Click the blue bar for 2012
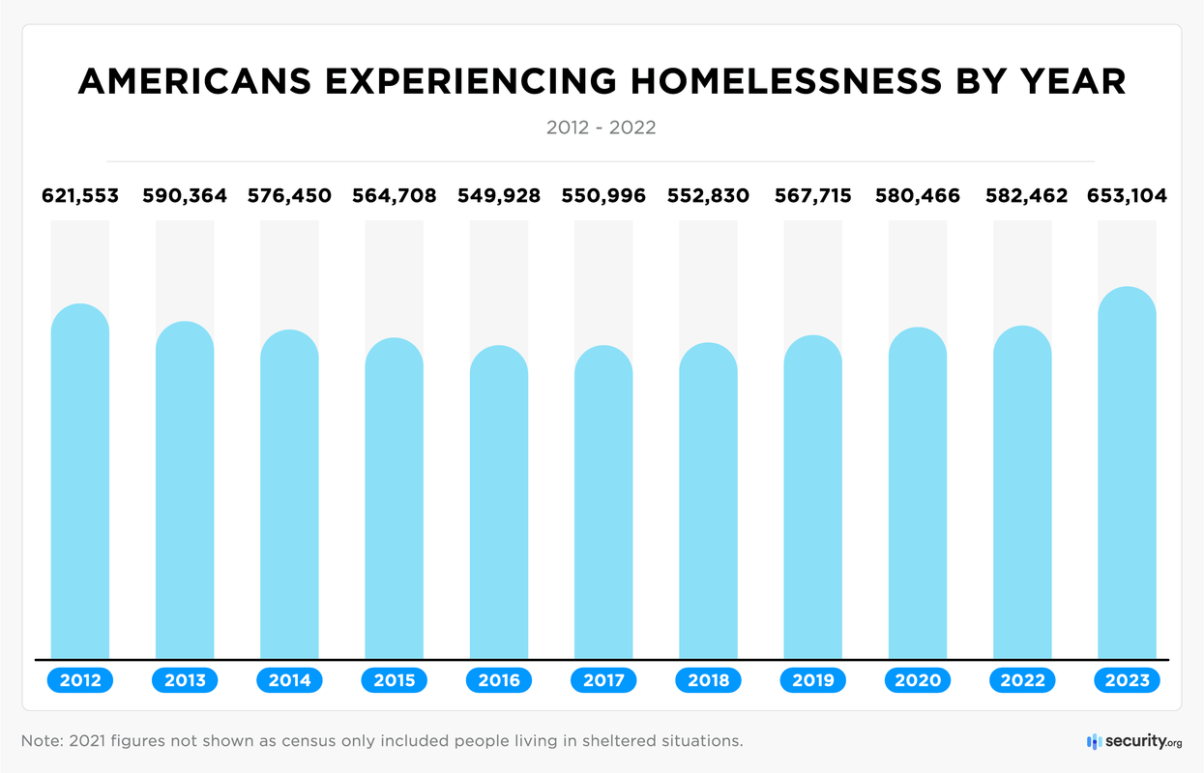click(x=80, y=483)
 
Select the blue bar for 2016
click(x=499, y=502)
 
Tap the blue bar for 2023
click(x=1128, y=473)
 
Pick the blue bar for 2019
click(x=813, y=498)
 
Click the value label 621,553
click(x=80, y=196)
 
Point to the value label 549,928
click(x=499, y=196)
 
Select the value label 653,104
click(x=1127, y=196)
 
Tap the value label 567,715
click(x=813, y=196)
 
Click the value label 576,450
click(x=290, y=196)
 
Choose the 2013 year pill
click(x=185, y=680)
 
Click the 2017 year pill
click(x=603, y=680)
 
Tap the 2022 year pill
click(x=1023, y=680)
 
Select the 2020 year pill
click(x=918, y=680)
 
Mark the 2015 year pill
click(x=395, y=680)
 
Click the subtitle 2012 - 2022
click(x=601, y=128)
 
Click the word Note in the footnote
click(x=41, y=741)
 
